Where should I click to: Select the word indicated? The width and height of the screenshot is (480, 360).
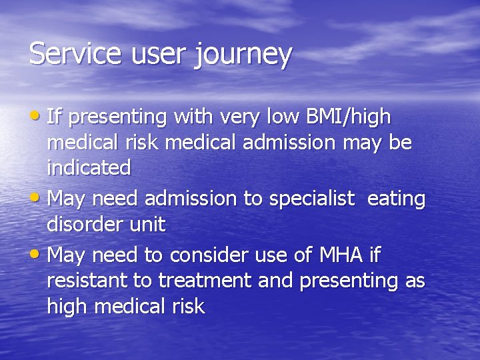tap(89, 168)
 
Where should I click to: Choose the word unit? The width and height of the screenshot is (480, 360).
tap(146, 225)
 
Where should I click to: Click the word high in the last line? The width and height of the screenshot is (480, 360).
tap(69, 307)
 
